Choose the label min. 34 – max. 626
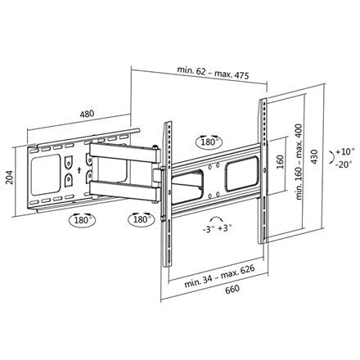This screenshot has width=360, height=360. [x=217, y=280]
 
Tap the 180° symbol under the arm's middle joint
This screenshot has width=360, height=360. [x=137, y=219]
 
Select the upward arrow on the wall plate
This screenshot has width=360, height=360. [x=79, y=170]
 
